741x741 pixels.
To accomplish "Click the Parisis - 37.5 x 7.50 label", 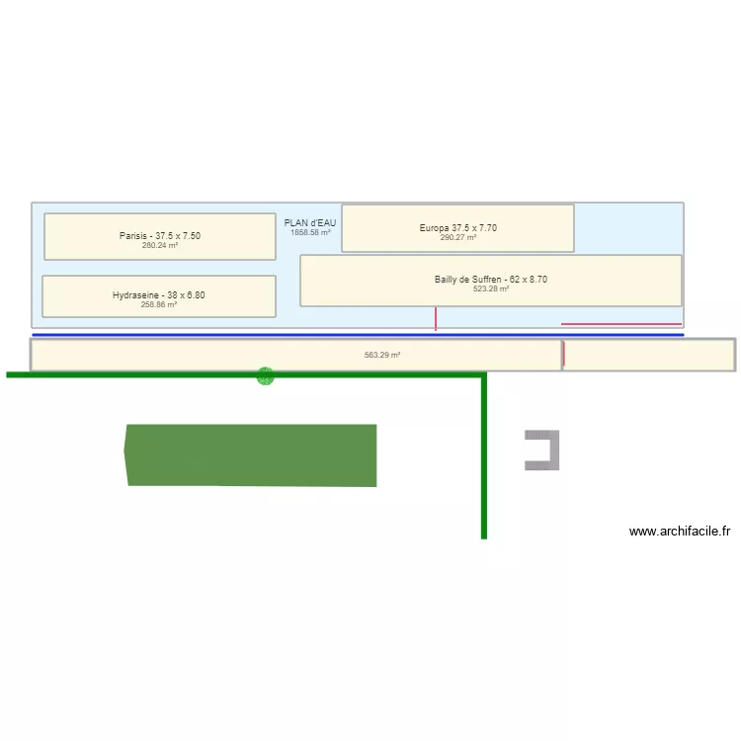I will pos(160,236).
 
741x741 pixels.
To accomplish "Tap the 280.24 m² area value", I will pos(160,245).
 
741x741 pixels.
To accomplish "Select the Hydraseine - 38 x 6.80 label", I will pos(159,295).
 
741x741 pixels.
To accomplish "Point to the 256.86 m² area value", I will pos(159,305).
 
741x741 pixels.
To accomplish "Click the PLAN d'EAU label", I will pos(310,223).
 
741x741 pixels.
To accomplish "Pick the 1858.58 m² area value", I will pos(310,233).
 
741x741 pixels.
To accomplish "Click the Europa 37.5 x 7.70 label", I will pos(457,228).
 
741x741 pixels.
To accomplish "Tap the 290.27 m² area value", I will pos(458,238).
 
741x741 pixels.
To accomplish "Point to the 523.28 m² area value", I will pos(491,289).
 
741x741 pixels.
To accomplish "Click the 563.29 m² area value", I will pos(382,355).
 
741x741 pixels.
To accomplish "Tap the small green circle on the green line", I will pos(265,375).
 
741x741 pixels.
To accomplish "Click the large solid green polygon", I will pos(252,455).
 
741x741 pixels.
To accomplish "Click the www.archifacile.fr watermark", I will pos(680,532).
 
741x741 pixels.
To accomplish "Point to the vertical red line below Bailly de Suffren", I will pos(436,318).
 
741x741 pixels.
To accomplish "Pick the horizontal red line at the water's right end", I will pos(621,324).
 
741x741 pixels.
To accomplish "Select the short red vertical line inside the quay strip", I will pos(563,354).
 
